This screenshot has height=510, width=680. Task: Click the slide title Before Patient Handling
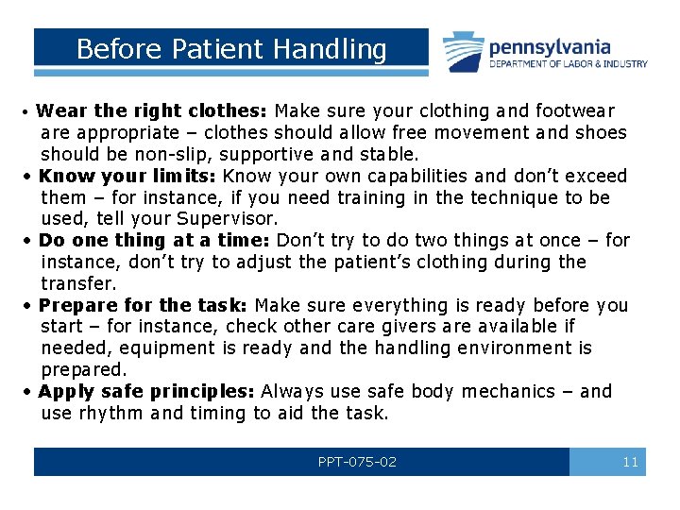point(231,49)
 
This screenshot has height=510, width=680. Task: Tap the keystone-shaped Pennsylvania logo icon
point(464,51)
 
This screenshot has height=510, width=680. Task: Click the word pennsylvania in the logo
point(549,46)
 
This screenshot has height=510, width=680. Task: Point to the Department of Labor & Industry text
point(568,64)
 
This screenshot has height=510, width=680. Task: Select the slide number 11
point(631,462)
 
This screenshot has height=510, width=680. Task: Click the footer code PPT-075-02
point(357,462)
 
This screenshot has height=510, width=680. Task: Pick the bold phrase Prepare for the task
point(144,305)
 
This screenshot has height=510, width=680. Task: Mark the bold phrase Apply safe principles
point(147,391)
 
